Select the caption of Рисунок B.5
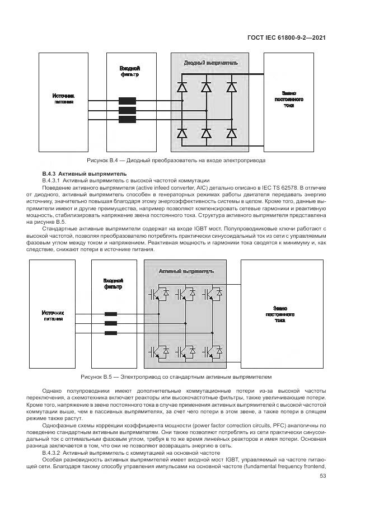point(176,377)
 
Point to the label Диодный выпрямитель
point(210,63)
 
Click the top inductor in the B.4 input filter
point(127,101)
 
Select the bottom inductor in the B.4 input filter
point(127,120)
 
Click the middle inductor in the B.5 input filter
point(111,323)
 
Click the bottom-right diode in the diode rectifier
point(231,133)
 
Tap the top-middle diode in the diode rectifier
point(207,87)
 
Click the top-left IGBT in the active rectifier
point(156,293)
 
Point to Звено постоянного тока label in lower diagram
point(280,314)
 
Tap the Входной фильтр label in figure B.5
point(113,284)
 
